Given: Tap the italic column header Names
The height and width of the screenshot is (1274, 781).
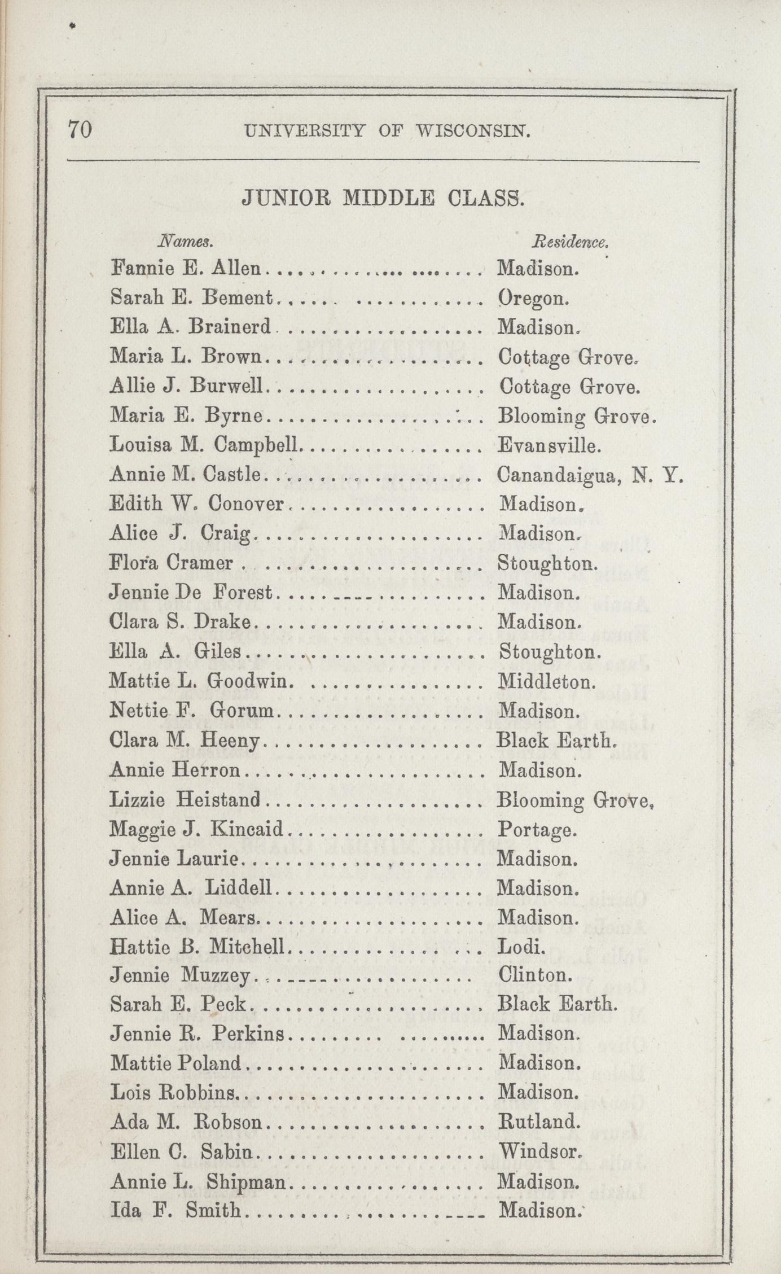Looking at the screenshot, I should (185, 242).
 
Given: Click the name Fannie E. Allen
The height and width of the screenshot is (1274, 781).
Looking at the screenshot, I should (186, 268).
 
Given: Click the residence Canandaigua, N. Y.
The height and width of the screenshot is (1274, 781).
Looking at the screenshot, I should (590, 475).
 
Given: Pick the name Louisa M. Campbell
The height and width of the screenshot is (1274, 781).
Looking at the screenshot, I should (204, 445).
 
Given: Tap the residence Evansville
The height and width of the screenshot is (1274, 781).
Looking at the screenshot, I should (549, 446).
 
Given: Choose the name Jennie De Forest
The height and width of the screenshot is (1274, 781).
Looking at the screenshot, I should (191, 593).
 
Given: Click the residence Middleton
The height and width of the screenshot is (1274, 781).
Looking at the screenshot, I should (547, 681).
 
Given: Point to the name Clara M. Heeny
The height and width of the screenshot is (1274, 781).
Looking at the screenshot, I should (185, 740).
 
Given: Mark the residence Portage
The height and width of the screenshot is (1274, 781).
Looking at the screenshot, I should (537, 829).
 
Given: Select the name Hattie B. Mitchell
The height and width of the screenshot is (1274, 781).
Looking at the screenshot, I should (197, 946).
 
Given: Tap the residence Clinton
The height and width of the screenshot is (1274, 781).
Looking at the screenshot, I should (535, 975).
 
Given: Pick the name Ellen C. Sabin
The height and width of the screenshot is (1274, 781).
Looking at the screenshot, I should (185, 1150).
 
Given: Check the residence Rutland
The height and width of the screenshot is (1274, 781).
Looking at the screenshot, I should (539, 1121).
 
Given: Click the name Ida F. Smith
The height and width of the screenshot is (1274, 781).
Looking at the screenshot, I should (175, 1210).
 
